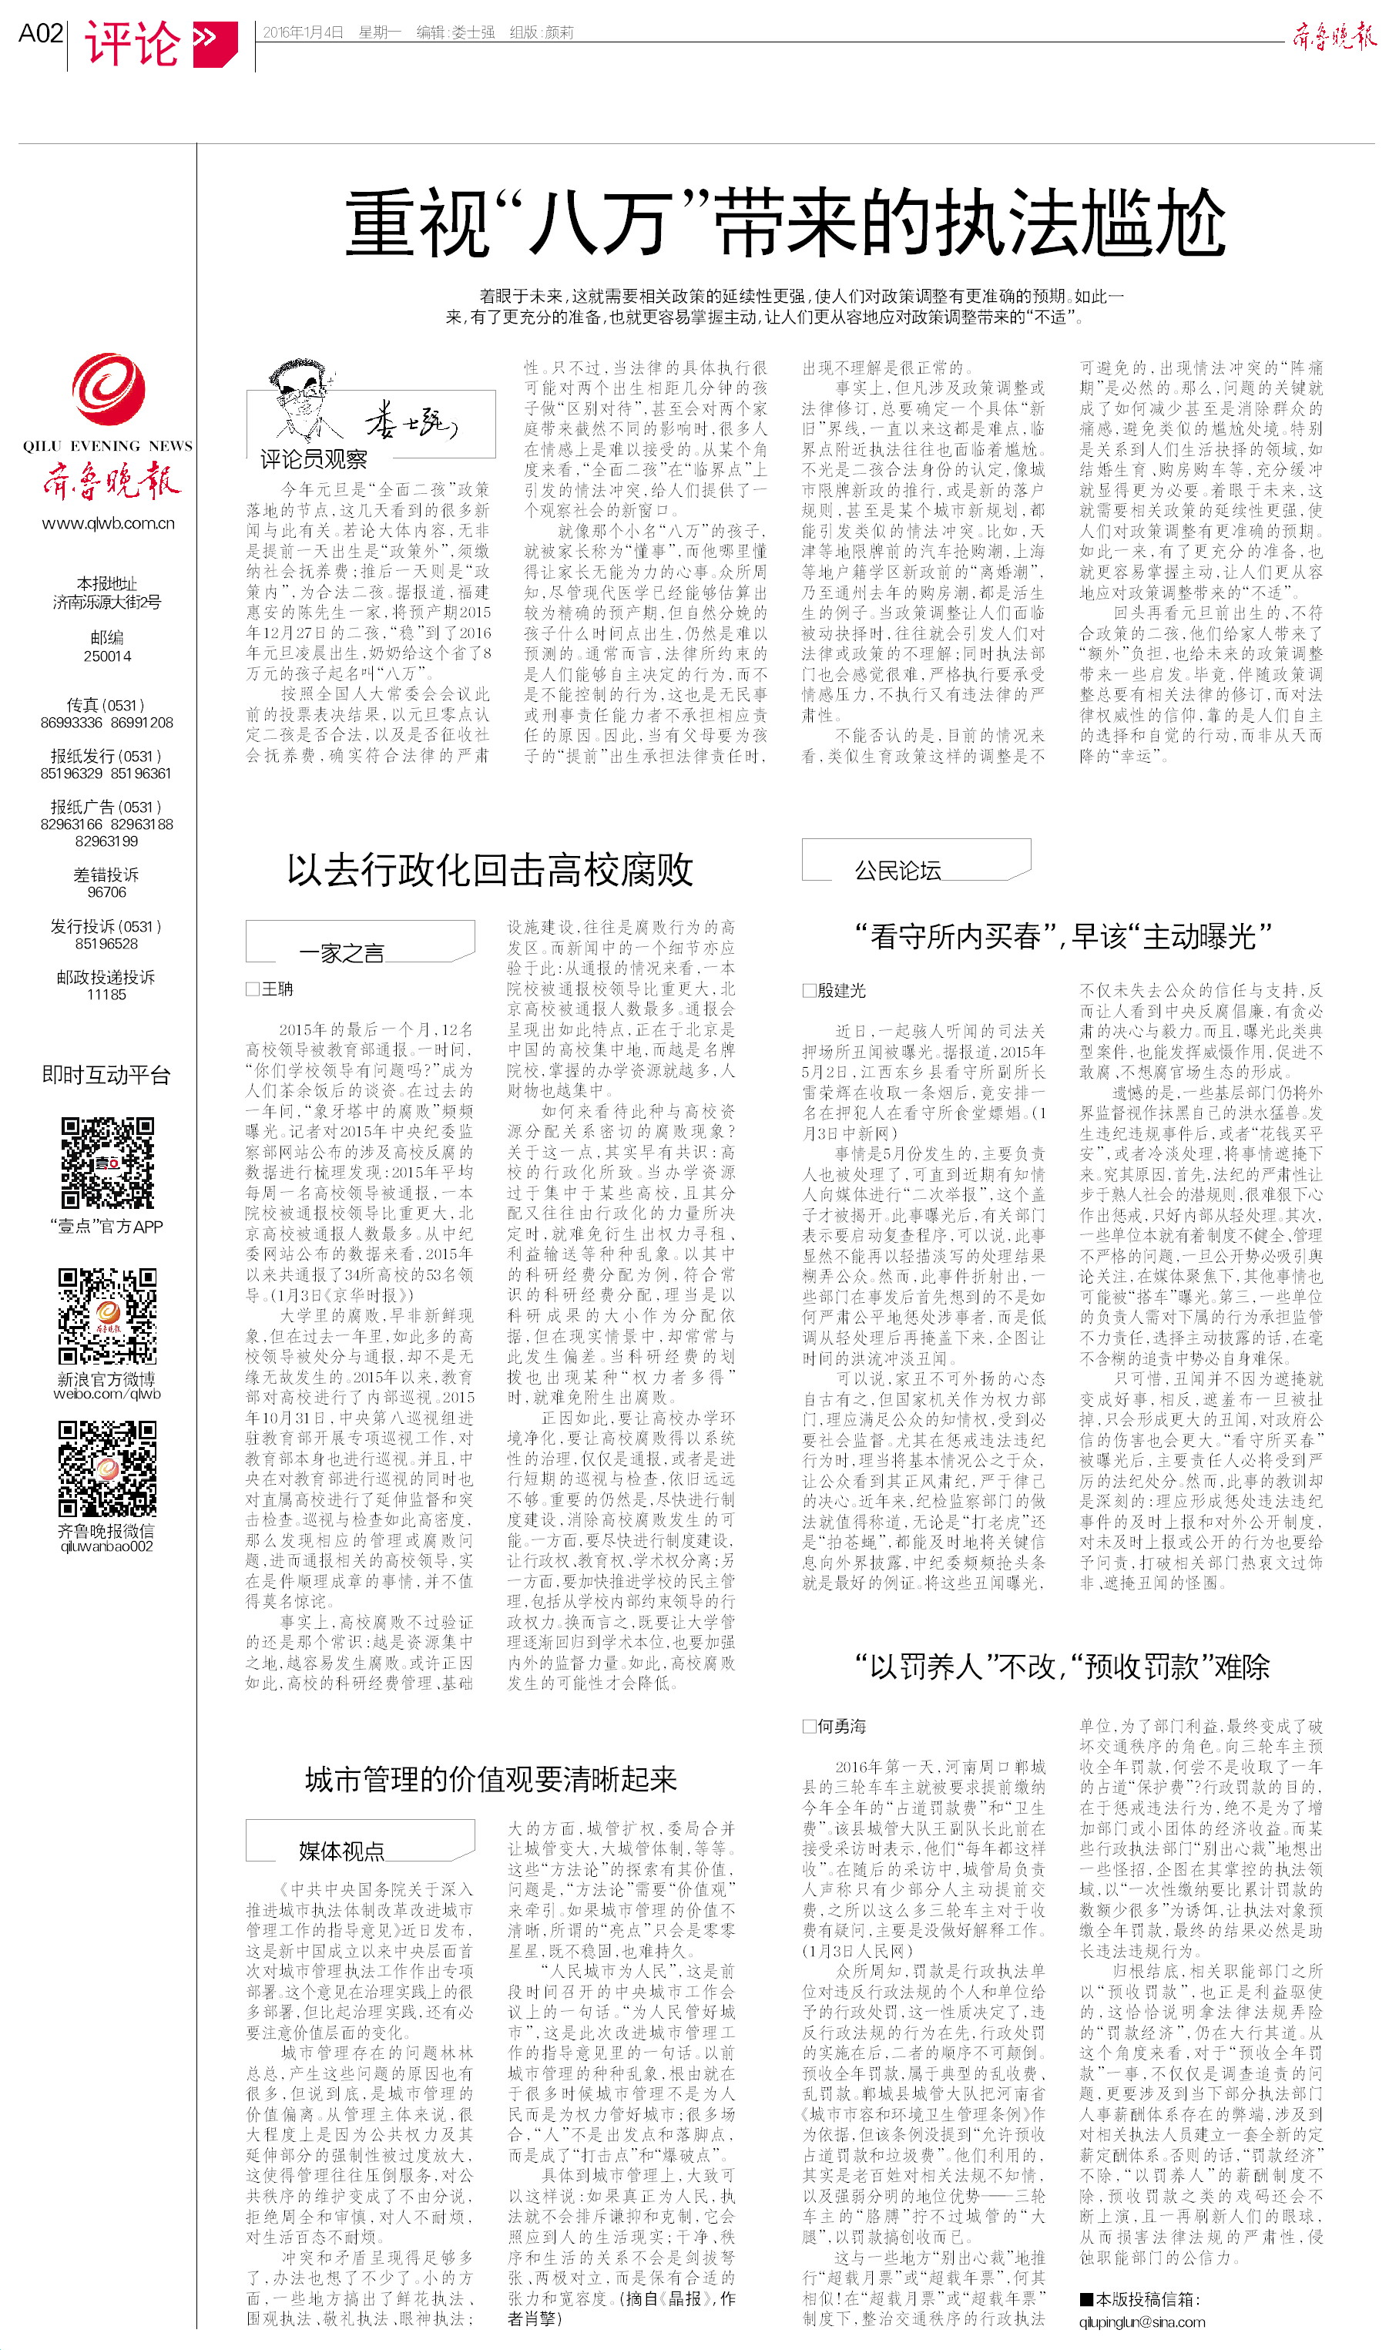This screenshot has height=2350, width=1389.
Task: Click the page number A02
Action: [40, 34]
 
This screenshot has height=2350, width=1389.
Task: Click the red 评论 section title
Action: [132, 43]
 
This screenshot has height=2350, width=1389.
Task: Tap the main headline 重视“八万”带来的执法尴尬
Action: [784, 223]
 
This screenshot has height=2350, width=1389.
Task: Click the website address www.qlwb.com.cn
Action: [108, 523]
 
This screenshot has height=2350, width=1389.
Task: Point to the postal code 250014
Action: [107, 656]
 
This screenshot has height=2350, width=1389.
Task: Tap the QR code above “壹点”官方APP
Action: [107, 1163]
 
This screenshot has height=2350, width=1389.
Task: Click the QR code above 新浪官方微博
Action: [107, 1315]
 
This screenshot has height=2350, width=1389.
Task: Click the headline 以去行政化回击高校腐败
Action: [489, 869]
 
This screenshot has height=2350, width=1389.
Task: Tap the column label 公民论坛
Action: [897, 871]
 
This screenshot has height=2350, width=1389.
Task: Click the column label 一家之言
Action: [341, 953]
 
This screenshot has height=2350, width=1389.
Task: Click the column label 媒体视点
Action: [341, 1851]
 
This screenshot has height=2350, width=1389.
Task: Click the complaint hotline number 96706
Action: [107, 892]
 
